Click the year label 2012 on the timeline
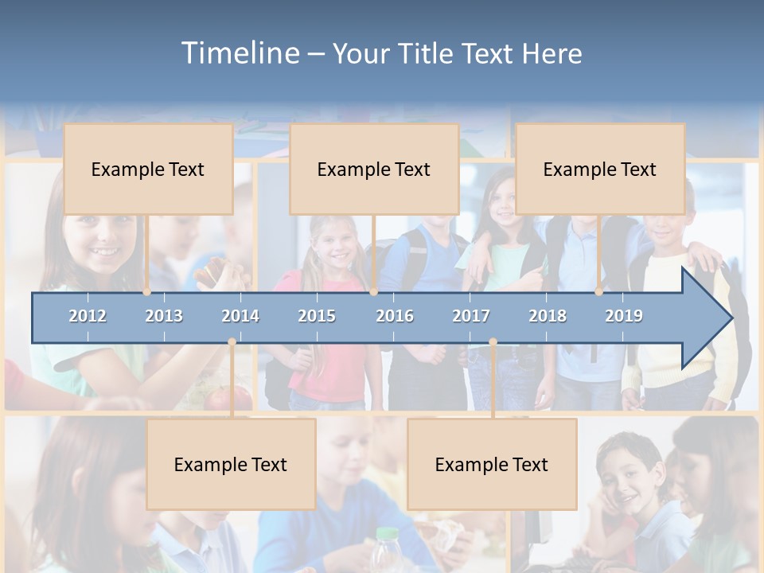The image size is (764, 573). click(88, 316)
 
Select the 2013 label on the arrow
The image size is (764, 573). click(164, 316)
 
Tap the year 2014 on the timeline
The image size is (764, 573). click(240, 316)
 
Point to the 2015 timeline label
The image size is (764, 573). click(317, 316)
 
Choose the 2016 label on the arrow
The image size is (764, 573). click(395, 316)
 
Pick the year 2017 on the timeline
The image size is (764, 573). click(471, 316)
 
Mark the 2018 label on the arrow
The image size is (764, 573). click(548, 316)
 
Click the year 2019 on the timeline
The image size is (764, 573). click(624, 316)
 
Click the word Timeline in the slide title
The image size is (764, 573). click(240, 53)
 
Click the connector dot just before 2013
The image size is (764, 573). click(147, 292)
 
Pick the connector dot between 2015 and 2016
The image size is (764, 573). click(373, 292)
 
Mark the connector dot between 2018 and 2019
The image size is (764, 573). click(599, 292)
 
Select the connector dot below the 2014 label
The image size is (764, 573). click(232, 342)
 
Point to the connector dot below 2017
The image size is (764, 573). click(493, 342)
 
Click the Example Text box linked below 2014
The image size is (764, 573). click(231, 464)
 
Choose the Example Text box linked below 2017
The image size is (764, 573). click(492, 464)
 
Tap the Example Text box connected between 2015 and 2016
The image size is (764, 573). click(374, 169)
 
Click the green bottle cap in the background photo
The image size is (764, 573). click(387, 534)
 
